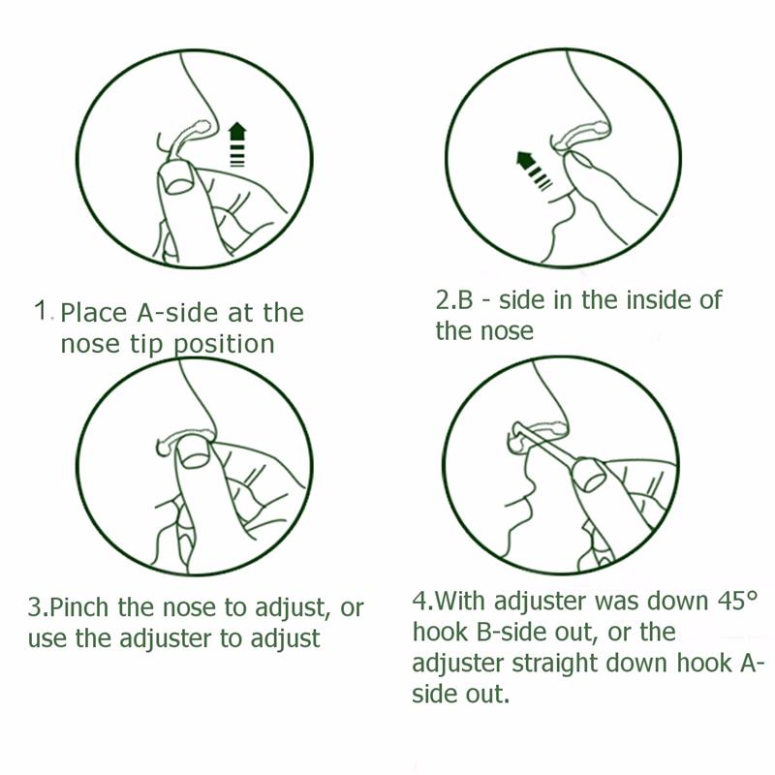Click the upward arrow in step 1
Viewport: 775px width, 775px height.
coord(237,143)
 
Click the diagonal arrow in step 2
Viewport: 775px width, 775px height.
coord(534,170)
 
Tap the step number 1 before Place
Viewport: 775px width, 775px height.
coord(41,310)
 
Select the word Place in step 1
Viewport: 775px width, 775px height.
coord(94,313)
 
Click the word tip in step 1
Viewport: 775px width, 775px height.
coord(146,344)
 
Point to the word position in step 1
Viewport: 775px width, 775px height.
coord(225,345)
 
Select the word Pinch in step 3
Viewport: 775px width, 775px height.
coord(79,607)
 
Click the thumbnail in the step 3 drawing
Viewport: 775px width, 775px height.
coord(193,453)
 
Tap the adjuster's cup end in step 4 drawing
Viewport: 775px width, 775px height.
coord(588,474)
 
